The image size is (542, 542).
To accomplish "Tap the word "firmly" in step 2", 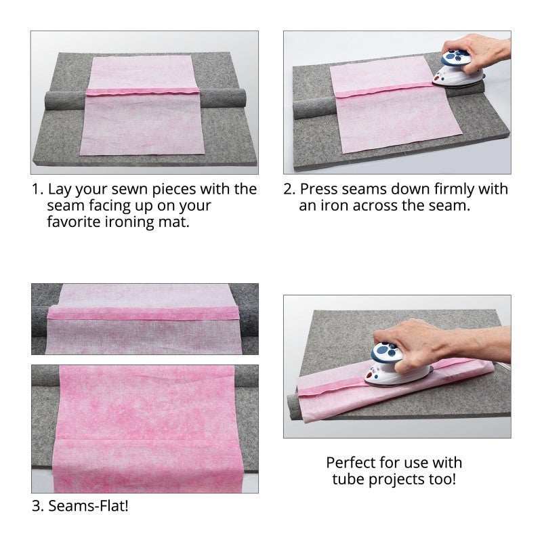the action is pyautogui.click(x=454, y=189).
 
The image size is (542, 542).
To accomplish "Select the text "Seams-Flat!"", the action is pyautogui.click(x=88, y=505).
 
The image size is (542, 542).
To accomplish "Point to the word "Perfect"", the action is pyautogui.click(x=350, y=463).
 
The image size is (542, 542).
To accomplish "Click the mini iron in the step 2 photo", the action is pyautogui.click(x=455, y=69).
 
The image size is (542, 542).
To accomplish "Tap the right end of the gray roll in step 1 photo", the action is pyautogui.click(x=243, y=98).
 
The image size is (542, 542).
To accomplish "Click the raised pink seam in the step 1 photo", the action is pyautogui.click(x=142, y=92).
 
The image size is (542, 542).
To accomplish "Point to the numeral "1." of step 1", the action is pyautogui.click(x=38, y=189).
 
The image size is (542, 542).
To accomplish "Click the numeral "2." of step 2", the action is pyautogui.click(x=289, y=189).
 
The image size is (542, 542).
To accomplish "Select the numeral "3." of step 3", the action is pyautogui.click(x=38, y=505).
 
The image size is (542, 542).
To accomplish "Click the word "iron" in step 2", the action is pyautogui.click(x=334, y=206).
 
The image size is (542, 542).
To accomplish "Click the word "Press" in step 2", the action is pyautogui.click(x=317, y=189).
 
